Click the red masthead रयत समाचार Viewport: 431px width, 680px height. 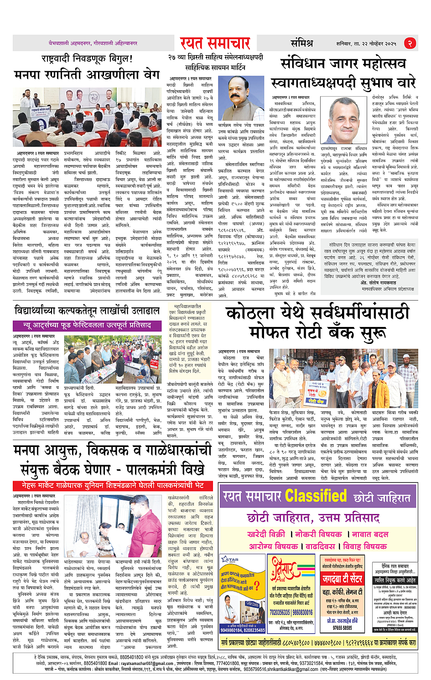click(215, 43)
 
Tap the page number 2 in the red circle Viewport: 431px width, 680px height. click(410, 43)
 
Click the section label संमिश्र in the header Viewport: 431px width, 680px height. click(302, 43)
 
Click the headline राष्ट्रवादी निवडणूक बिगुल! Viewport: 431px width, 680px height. click(87, 59)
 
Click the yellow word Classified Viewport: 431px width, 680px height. click(316, 495)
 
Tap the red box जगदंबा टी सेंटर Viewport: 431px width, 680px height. click(342, 579)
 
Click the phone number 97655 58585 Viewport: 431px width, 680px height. click(342, 628)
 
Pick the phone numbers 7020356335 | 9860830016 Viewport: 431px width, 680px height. click(291, 612)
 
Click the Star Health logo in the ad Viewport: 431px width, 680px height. click(231, 560)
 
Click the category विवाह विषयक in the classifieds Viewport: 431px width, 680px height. click(364, 546)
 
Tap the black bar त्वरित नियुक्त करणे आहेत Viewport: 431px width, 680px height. click(395, 580)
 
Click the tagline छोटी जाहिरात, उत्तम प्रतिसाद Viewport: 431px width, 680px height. click(313, 518)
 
